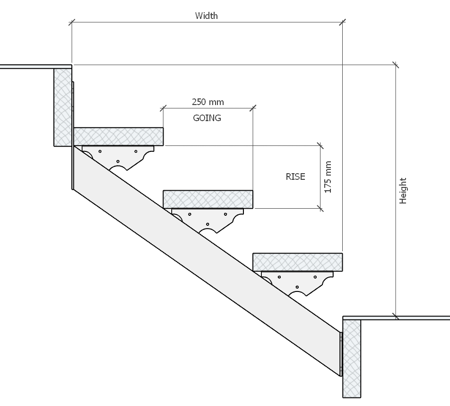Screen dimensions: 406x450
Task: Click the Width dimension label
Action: [207, 16]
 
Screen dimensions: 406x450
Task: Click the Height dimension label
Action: [403, 191]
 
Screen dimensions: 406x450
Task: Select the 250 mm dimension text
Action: [208, 102]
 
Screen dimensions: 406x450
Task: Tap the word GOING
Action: [207, 118]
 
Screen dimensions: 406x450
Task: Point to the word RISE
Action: [295, 177]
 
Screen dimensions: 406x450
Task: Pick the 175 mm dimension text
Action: [329, 177]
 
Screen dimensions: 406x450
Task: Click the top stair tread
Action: [118, 136]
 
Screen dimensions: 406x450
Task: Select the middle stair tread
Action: [208, 199]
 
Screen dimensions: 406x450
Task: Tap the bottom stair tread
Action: [297, 262]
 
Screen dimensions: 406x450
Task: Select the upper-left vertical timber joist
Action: [63, 106]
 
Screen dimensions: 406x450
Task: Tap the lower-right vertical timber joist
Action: [352, 357]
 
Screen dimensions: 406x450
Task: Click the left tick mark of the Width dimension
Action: [72, 22]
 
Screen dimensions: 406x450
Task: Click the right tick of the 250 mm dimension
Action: [253, 108]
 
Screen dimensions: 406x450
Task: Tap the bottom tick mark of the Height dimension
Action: [396, 317]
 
